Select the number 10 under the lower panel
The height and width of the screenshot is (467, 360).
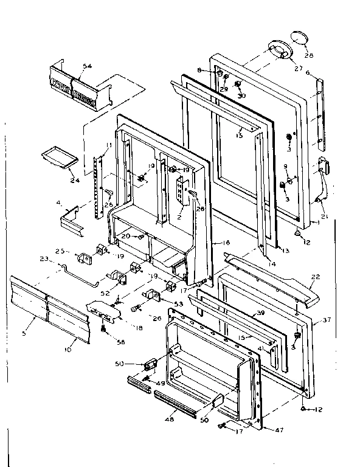67,350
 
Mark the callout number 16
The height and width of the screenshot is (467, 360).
226,242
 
